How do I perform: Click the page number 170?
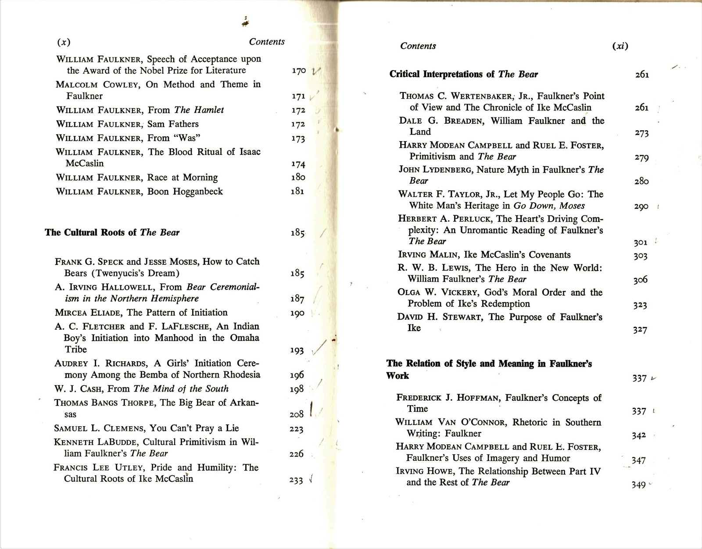(299, 71)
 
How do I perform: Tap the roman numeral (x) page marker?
(64, 43)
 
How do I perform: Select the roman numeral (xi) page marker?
(620, 46)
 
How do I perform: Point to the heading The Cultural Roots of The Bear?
(112, 232)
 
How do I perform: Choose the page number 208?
(297, 414)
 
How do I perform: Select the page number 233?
(296, 480)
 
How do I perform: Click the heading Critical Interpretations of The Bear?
(463, 74)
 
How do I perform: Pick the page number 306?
(640, 280)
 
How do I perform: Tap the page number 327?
(640, 330)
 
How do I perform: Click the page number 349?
(638, 485)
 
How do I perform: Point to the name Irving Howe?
(424, 471)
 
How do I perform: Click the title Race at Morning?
(183, 178)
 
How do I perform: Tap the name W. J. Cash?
(79, 389)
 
